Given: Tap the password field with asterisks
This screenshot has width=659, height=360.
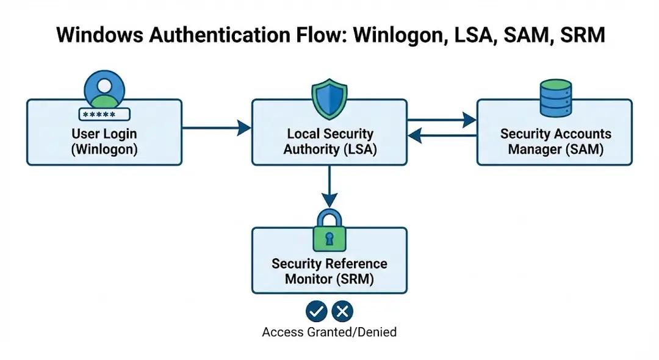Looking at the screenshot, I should tap(104, 114).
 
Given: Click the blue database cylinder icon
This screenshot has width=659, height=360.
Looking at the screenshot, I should tap(555, 98).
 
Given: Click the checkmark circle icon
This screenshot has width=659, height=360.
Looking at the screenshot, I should tap(316, 312).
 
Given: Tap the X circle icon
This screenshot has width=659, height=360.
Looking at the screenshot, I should tap(342, 312).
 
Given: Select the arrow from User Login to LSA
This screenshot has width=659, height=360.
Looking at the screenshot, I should tap(217, 128).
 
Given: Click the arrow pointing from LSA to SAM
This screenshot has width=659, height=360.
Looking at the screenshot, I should tap(442, 120).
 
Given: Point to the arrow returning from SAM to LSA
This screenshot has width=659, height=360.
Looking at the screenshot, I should tap(442, 135).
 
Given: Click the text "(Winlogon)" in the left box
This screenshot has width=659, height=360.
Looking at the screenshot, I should tap(104, 149).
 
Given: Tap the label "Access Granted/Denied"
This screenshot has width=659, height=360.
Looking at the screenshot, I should tap(329, 333).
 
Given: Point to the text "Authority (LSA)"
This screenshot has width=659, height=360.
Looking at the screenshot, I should tap(329, 149).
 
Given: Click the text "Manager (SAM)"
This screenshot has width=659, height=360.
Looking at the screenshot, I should tap(555, 149).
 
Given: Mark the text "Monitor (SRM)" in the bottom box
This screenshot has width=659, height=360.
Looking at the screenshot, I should tap(329, 279).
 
